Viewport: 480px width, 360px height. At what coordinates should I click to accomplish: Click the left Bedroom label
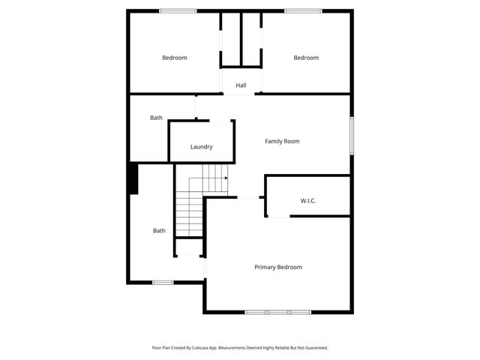tap(175, 58)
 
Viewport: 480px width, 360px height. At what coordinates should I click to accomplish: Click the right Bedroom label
tap(306, 58)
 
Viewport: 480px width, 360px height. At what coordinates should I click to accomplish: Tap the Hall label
tap(241, 85)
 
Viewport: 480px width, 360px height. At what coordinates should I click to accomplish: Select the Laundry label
tap(201, 147)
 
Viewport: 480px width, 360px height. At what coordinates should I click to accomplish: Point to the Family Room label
tap(282, 141)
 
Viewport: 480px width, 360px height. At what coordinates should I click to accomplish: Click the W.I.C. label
tap(308, 201)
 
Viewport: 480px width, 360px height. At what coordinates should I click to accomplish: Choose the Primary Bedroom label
tap(278, 267)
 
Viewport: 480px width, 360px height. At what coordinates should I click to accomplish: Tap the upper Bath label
tap(156, 118)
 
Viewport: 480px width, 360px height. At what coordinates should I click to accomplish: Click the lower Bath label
tap(159, 231)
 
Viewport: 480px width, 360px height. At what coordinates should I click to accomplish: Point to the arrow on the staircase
tap(225, 178)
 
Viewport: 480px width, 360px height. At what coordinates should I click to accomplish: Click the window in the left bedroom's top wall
tap(178, 10)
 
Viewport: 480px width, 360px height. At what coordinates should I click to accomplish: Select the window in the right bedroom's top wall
tap(303, 10)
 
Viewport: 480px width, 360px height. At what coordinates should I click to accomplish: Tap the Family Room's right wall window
tap(351, 136)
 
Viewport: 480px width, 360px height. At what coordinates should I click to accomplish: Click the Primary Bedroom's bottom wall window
tap(277, 311)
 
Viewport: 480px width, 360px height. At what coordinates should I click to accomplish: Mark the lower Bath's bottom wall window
tap(163, 282)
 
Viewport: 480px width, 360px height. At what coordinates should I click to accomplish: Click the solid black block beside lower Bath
tap(133, 179)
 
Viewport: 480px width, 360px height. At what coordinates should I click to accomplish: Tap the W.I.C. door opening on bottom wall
tap(279, 217)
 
